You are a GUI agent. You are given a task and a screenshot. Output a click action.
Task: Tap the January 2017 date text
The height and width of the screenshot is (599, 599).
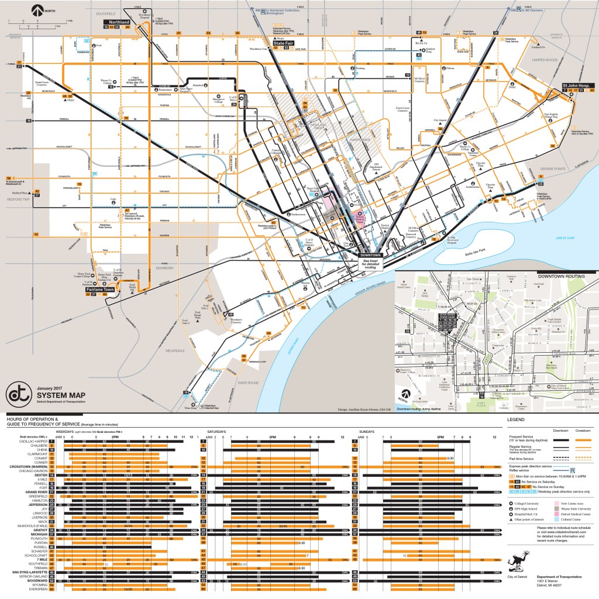pos(49,387)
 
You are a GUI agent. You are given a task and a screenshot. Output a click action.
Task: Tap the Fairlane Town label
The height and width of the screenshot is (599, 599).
pos(100,289)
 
